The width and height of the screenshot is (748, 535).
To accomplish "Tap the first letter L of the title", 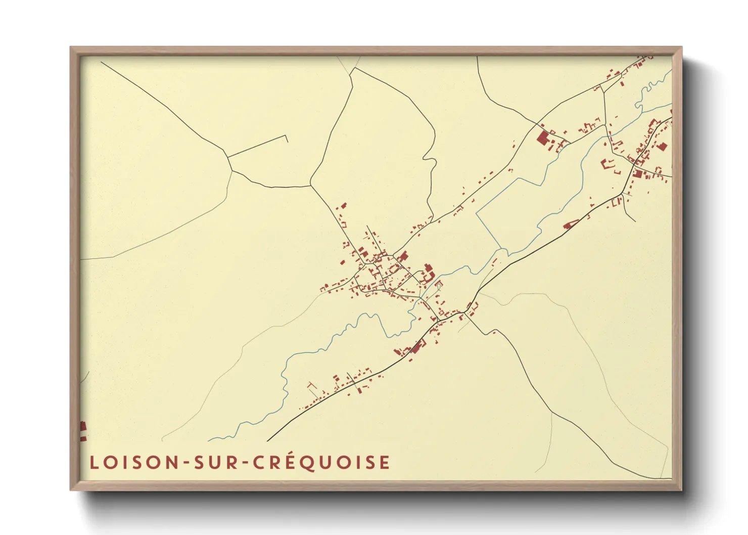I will click(93, 462).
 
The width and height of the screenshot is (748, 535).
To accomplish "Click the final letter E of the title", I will click(385, 462).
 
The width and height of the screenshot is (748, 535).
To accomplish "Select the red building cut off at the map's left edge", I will click(83, 431).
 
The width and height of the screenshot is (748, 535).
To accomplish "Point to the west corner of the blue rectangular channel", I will click(477, 213).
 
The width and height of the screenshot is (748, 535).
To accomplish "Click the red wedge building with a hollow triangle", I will click(571, 224).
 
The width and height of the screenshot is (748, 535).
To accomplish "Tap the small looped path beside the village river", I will click(438, 287).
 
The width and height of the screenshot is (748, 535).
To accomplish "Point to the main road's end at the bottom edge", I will click(267, 441).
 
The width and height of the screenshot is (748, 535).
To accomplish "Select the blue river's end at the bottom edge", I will click(208, 440).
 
